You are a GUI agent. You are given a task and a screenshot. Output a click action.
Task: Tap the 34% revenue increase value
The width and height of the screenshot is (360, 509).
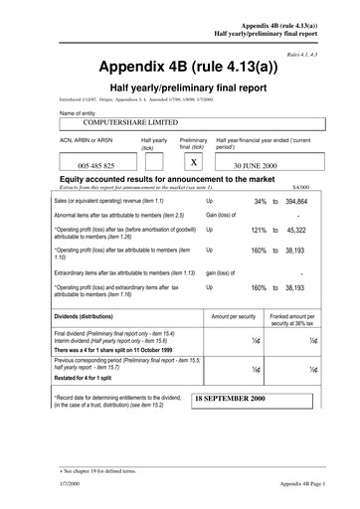coord(260,201)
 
